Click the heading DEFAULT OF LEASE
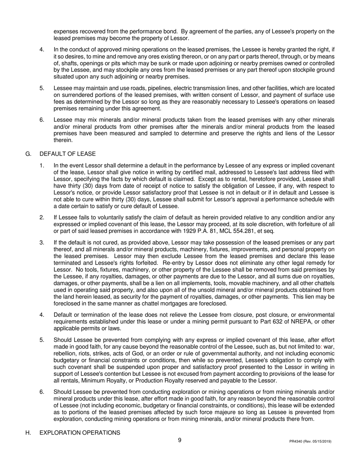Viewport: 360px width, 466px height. click(67, 154)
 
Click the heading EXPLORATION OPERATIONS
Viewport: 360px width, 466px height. click(80, 433)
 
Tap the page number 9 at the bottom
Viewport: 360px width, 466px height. click(180, 440)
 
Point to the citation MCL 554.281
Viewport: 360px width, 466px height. click(240, 231)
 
